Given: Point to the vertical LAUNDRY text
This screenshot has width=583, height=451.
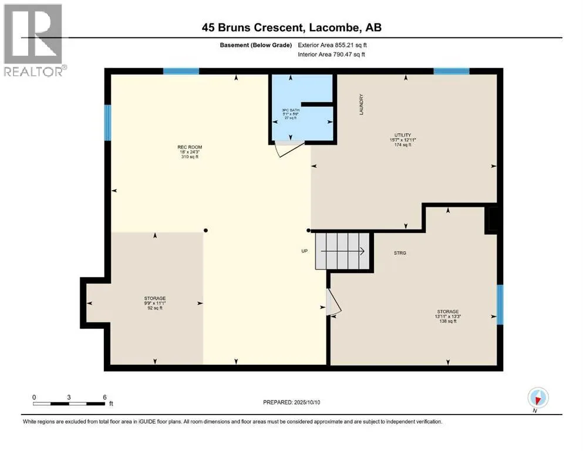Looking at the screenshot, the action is (361, 105).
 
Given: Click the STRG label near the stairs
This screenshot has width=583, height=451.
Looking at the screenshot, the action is (400, 253).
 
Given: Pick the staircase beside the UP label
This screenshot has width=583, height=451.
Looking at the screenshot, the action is (342, 251).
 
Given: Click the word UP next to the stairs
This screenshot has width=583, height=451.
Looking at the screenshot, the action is (305, 251).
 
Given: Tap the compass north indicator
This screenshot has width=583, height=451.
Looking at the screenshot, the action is (538, 398).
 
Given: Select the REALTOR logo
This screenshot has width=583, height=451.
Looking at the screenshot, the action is (33, 40).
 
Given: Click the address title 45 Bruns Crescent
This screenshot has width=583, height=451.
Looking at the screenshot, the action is (252, 28).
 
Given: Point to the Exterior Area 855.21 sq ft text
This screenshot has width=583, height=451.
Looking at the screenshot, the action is (332, 45).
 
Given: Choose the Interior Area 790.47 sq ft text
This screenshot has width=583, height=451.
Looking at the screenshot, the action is (331, 54).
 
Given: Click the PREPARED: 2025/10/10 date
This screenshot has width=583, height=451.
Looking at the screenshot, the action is (291, 402).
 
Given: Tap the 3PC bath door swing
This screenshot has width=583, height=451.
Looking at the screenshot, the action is (289, 149).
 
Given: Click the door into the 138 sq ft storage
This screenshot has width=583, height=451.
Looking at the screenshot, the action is (333, 301).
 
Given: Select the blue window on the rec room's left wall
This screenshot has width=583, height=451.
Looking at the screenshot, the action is (107, 123).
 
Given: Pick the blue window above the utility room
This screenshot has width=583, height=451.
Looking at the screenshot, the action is (451, 71).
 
